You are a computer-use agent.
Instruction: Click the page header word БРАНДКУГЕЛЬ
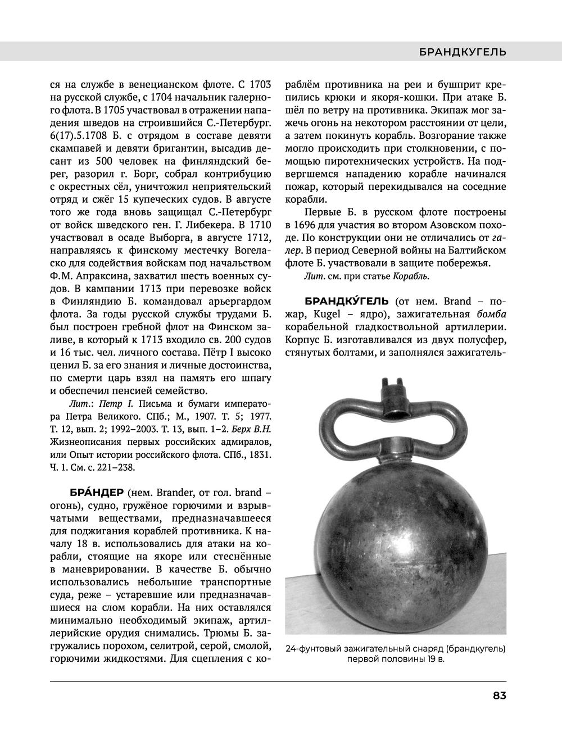point(463,52)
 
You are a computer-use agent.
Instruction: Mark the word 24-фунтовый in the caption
point(313,649)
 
